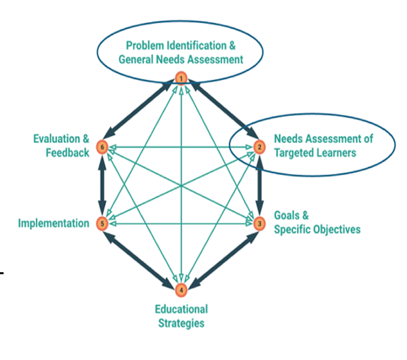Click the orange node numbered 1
pos(181,79)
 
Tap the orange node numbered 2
pos(259,147)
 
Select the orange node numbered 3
pos(259,223)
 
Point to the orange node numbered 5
pos(103,223)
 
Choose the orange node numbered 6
pos(103,147)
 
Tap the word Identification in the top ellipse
pos(195,46)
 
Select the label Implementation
pos(53,223)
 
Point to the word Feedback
pos(68,152)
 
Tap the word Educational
pos(181,309)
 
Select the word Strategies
pos(181,323)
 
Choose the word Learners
pos(338,152)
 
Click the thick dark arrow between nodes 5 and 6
pos(103,185)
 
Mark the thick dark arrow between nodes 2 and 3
pos(259,185)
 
